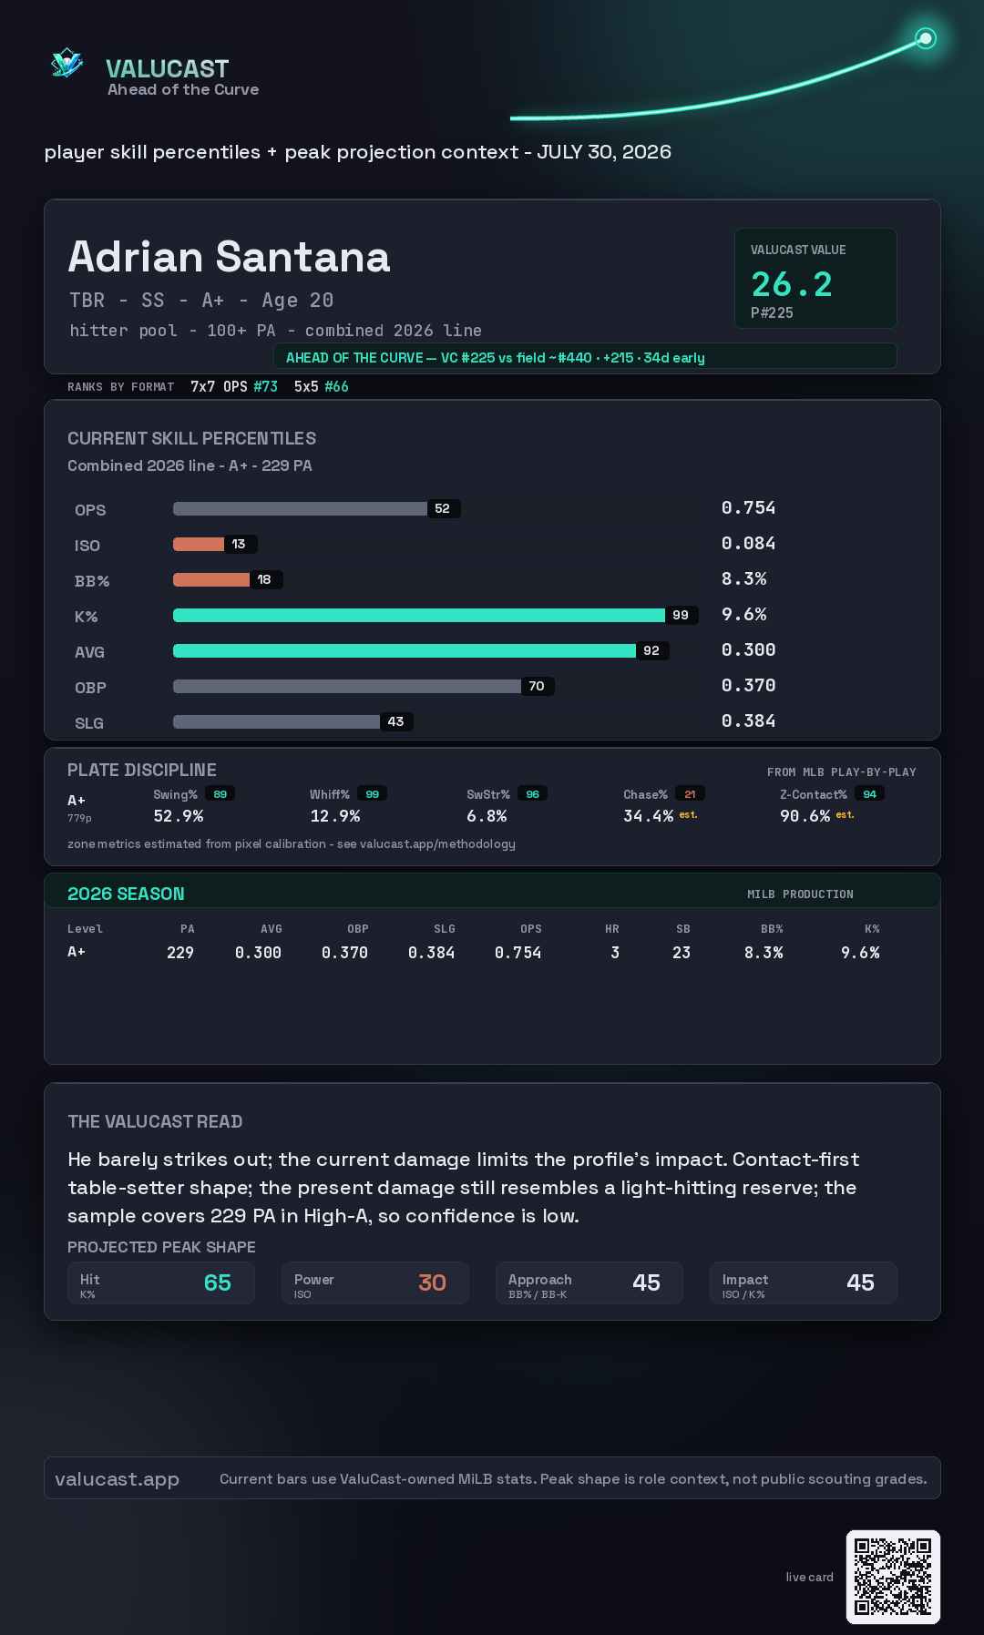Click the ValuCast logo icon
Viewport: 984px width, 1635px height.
tap(67, 64)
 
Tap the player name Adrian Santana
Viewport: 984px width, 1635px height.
tap(230, 257)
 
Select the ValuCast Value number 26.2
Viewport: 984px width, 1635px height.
tap(792, 284)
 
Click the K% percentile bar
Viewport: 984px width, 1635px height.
tap(419, 615)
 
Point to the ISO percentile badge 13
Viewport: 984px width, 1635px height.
tap(239, 544)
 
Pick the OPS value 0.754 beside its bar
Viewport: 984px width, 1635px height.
tap(748, 507)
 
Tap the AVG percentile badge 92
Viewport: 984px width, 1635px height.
tap(651, 650)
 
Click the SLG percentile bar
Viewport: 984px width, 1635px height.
tap(276, 721)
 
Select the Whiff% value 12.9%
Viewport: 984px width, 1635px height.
tap(335, 816)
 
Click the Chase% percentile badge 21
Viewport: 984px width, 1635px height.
tap(690, 794)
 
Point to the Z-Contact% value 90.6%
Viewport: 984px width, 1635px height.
tap(805, 816)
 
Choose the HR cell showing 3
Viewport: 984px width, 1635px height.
tap(615, 953)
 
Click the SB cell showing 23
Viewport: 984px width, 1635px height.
tap(682, 953)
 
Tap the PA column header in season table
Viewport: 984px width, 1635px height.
tap(188, 929)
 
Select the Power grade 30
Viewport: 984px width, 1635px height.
tap(432, 1282)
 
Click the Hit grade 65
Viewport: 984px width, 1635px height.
tap(218, 1282)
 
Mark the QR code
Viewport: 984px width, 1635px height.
tap(893, 1577)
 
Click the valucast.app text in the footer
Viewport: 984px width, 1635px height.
tap(117, 1479)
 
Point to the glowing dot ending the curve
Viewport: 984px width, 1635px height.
tap(926, 38)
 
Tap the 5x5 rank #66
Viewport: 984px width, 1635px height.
tap(336, 386)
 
